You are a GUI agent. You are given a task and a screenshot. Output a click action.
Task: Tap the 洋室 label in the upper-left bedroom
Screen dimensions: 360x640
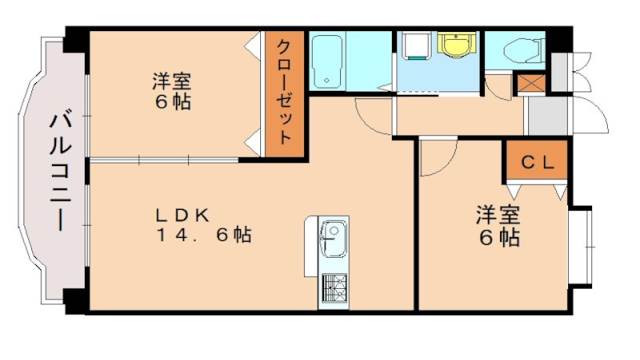tap(171, 79)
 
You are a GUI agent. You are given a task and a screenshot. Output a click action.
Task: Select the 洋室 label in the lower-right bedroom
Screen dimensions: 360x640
tap(496, 214)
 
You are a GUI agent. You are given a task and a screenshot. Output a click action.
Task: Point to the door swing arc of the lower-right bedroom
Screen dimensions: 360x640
tap(437, 159)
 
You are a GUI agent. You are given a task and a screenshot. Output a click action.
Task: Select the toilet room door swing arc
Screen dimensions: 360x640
tap(500, 84)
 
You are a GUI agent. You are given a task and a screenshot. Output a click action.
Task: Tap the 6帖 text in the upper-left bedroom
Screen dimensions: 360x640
tap(171, 101)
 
